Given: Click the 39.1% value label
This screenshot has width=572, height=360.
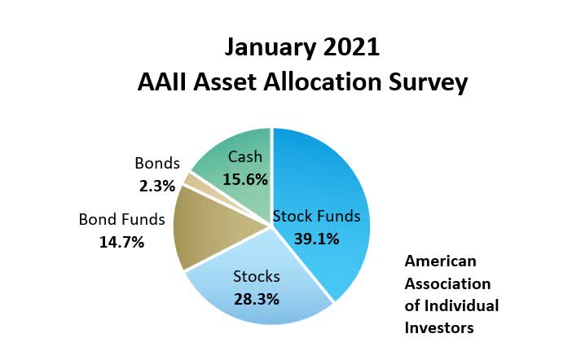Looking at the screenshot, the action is pyautogui.click(x=317, y=239).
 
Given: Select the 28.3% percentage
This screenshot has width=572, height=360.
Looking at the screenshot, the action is pyautogui.click(x=257, y=300).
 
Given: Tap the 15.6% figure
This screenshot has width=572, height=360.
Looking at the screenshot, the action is pyautogui.click(x=245, y=179).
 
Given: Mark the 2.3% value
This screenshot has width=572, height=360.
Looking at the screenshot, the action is pyautogui.click(x=157, y=186).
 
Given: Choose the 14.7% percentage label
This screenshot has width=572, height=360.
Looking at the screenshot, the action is pyautogui.click(x=122, y=242).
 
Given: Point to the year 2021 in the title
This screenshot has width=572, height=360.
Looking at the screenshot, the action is pyautogui.click(x=351, y=47).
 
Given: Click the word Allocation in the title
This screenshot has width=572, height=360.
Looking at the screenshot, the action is pyautogui.click(x=322, y=81).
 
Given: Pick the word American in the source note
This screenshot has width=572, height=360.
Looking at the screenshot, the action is pyautogui.click(x=440, y=261).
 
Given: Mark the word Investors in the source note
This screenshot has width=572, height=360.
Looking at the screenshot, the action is pyautogui.click(x=439, y=328).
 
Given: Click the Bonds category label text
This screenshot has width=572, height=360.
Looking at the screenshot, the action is pyautogui.click(x=157, y=164).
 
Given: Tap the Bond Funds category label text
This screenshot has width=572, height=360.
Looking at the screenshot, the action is pyautogui.click(x=122, y=220).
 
